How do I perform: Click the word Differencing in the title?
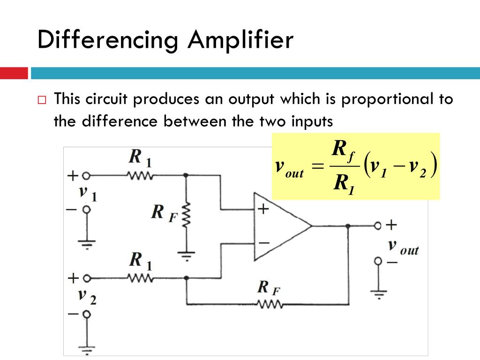pos(108,41)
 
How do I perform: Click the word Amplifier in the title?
pos(240,41)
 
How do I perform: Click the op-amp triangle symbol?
pos(282,226)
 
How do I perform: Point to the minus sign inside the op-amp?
pos(263,243)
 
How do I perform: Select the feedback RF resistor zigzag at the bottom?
pos(269,304)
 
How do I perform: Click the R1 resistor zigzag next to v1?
pos(139,175)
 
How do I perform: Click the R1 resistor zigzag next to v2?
pos(139,278)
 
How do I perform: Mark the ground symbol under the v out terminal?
pos(379,294)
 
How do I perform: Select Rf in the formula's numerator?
pos(343,150)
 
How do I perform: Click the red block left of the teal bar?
pos(14,73)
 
